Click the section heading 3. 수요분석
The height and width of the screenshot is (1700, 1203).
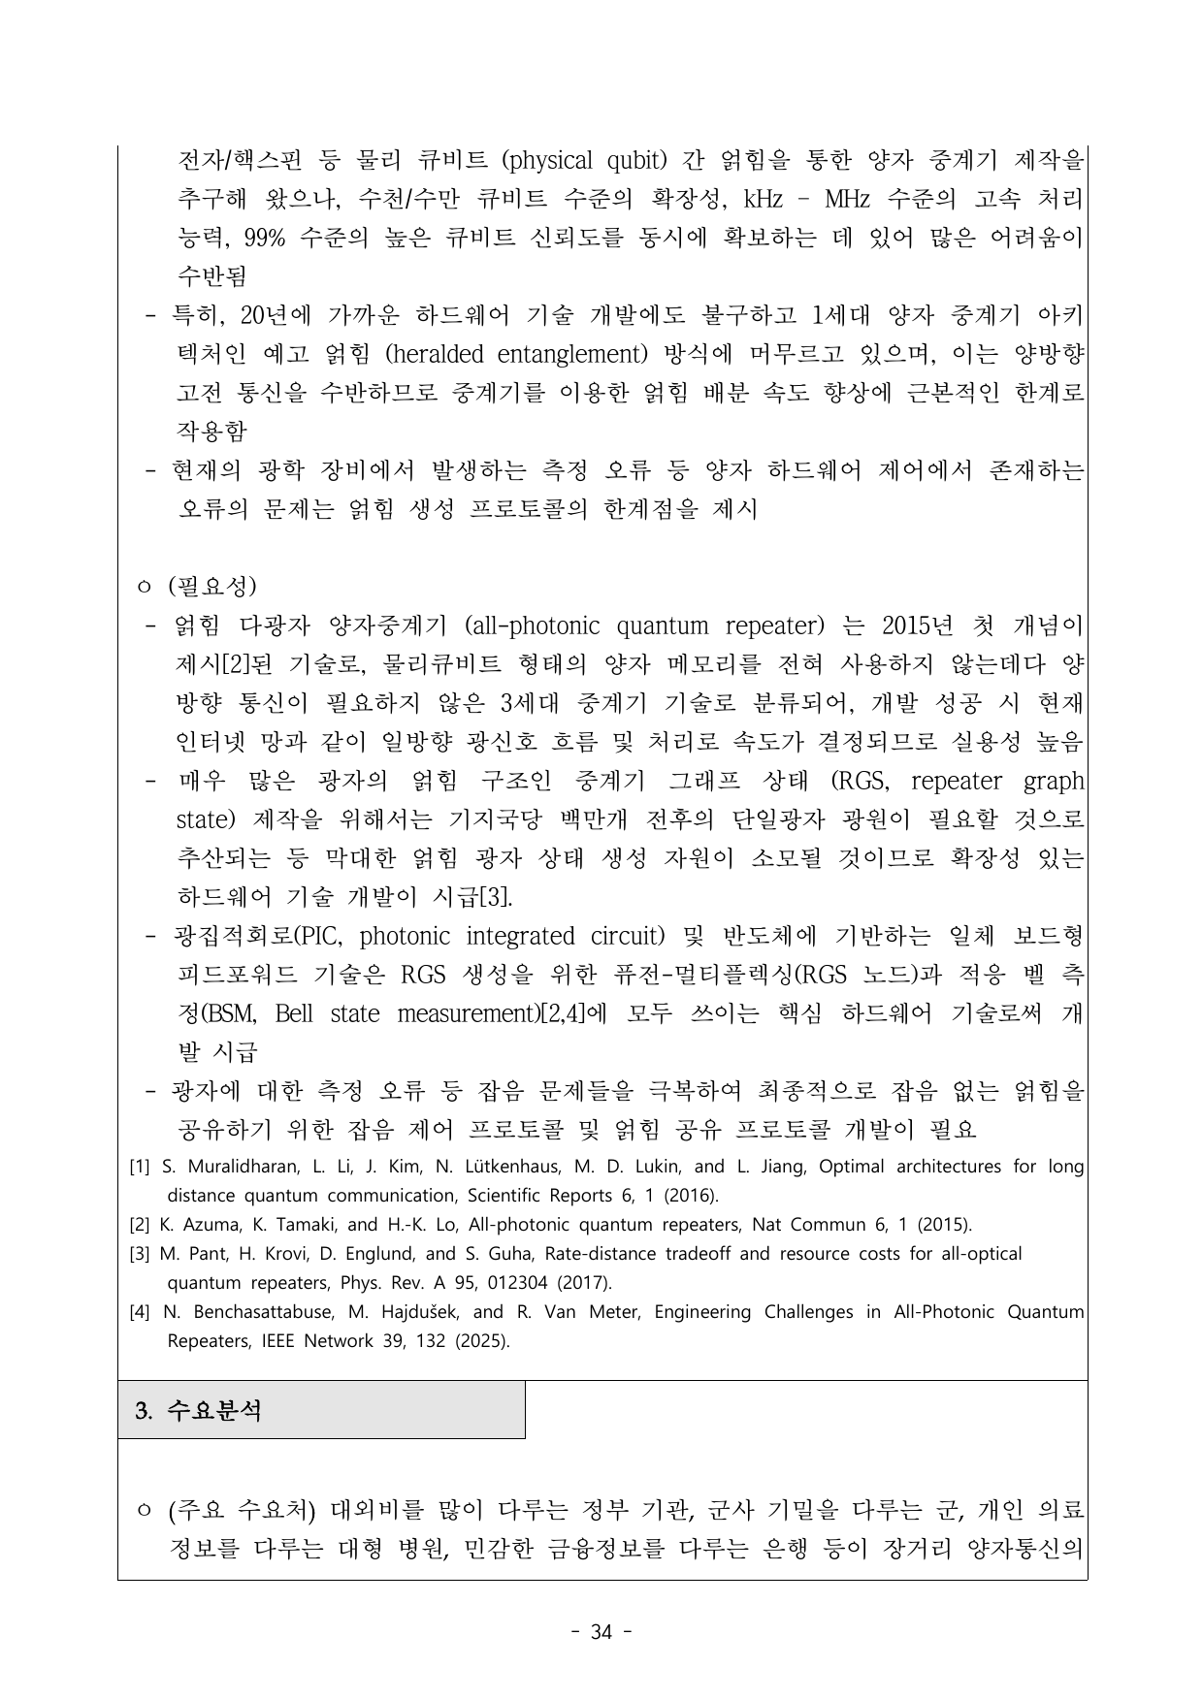click(x=199, y=1410)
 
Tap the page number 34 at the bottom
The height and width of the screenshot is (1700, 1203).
click(x=601, y=1632)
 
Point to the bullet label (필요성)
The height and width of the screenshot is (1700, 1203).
click(x=211, y=587)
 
